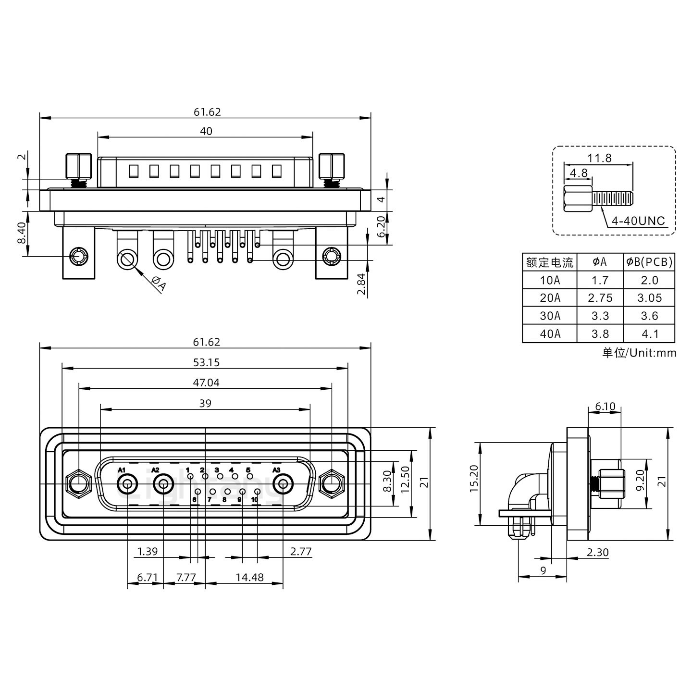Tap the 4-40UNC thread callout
pyautogui.click(x=638, y=221)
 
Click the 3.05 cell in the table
pyautogui.click(x=649, y=298)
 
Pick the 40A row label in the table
pyautogui.click(x=550, y=334)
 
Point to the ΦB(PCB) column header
pyautogui.click(x=649, y=262)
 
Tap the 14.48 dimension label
pyautogui.click(x=249, y=577)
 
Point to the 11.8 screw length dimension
pyautogui.click(x=599, y=158)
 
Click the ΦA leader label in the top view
pyautogui.click(x=159, y=284)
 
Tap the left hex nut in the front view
pyautogui.click(x=77, y=483)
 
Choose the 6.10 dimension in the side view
pyautogui.click(x=605, y=407)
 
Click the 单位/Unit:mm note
pyautogui.click(x=639, y=353)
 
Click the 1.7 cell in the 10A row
pyautogui.click(x=600, y=280)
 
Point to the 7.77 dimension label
pyautogui.click(x=185, y=577)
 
